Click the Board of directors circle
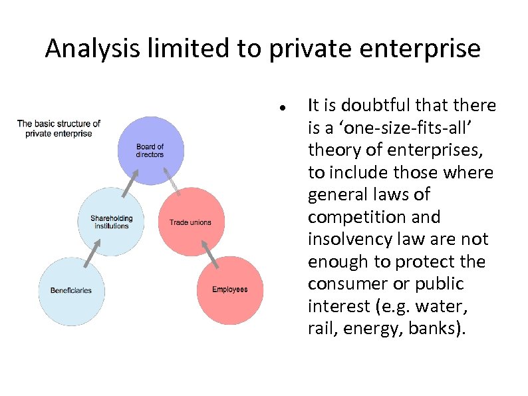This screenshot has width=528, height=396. click(150, 151)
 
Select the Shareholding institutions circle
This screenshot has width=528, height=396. click(111, 222)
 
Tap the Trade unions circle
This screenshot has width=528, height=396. click(190, 222)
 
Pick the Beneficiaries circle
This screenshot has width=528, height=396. click(71, 290)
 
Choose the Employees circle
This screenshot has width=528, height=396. click(230, 290)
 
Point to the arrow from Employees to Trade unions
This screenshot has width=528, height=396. click(209, 253)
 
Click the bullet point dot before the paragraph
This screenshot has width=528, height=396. click(283, 107)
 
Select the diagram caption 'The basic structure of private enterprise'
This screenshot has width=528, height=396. click(59, 128)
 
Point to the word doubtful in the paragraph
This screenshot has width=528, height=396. click(372, 105)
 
